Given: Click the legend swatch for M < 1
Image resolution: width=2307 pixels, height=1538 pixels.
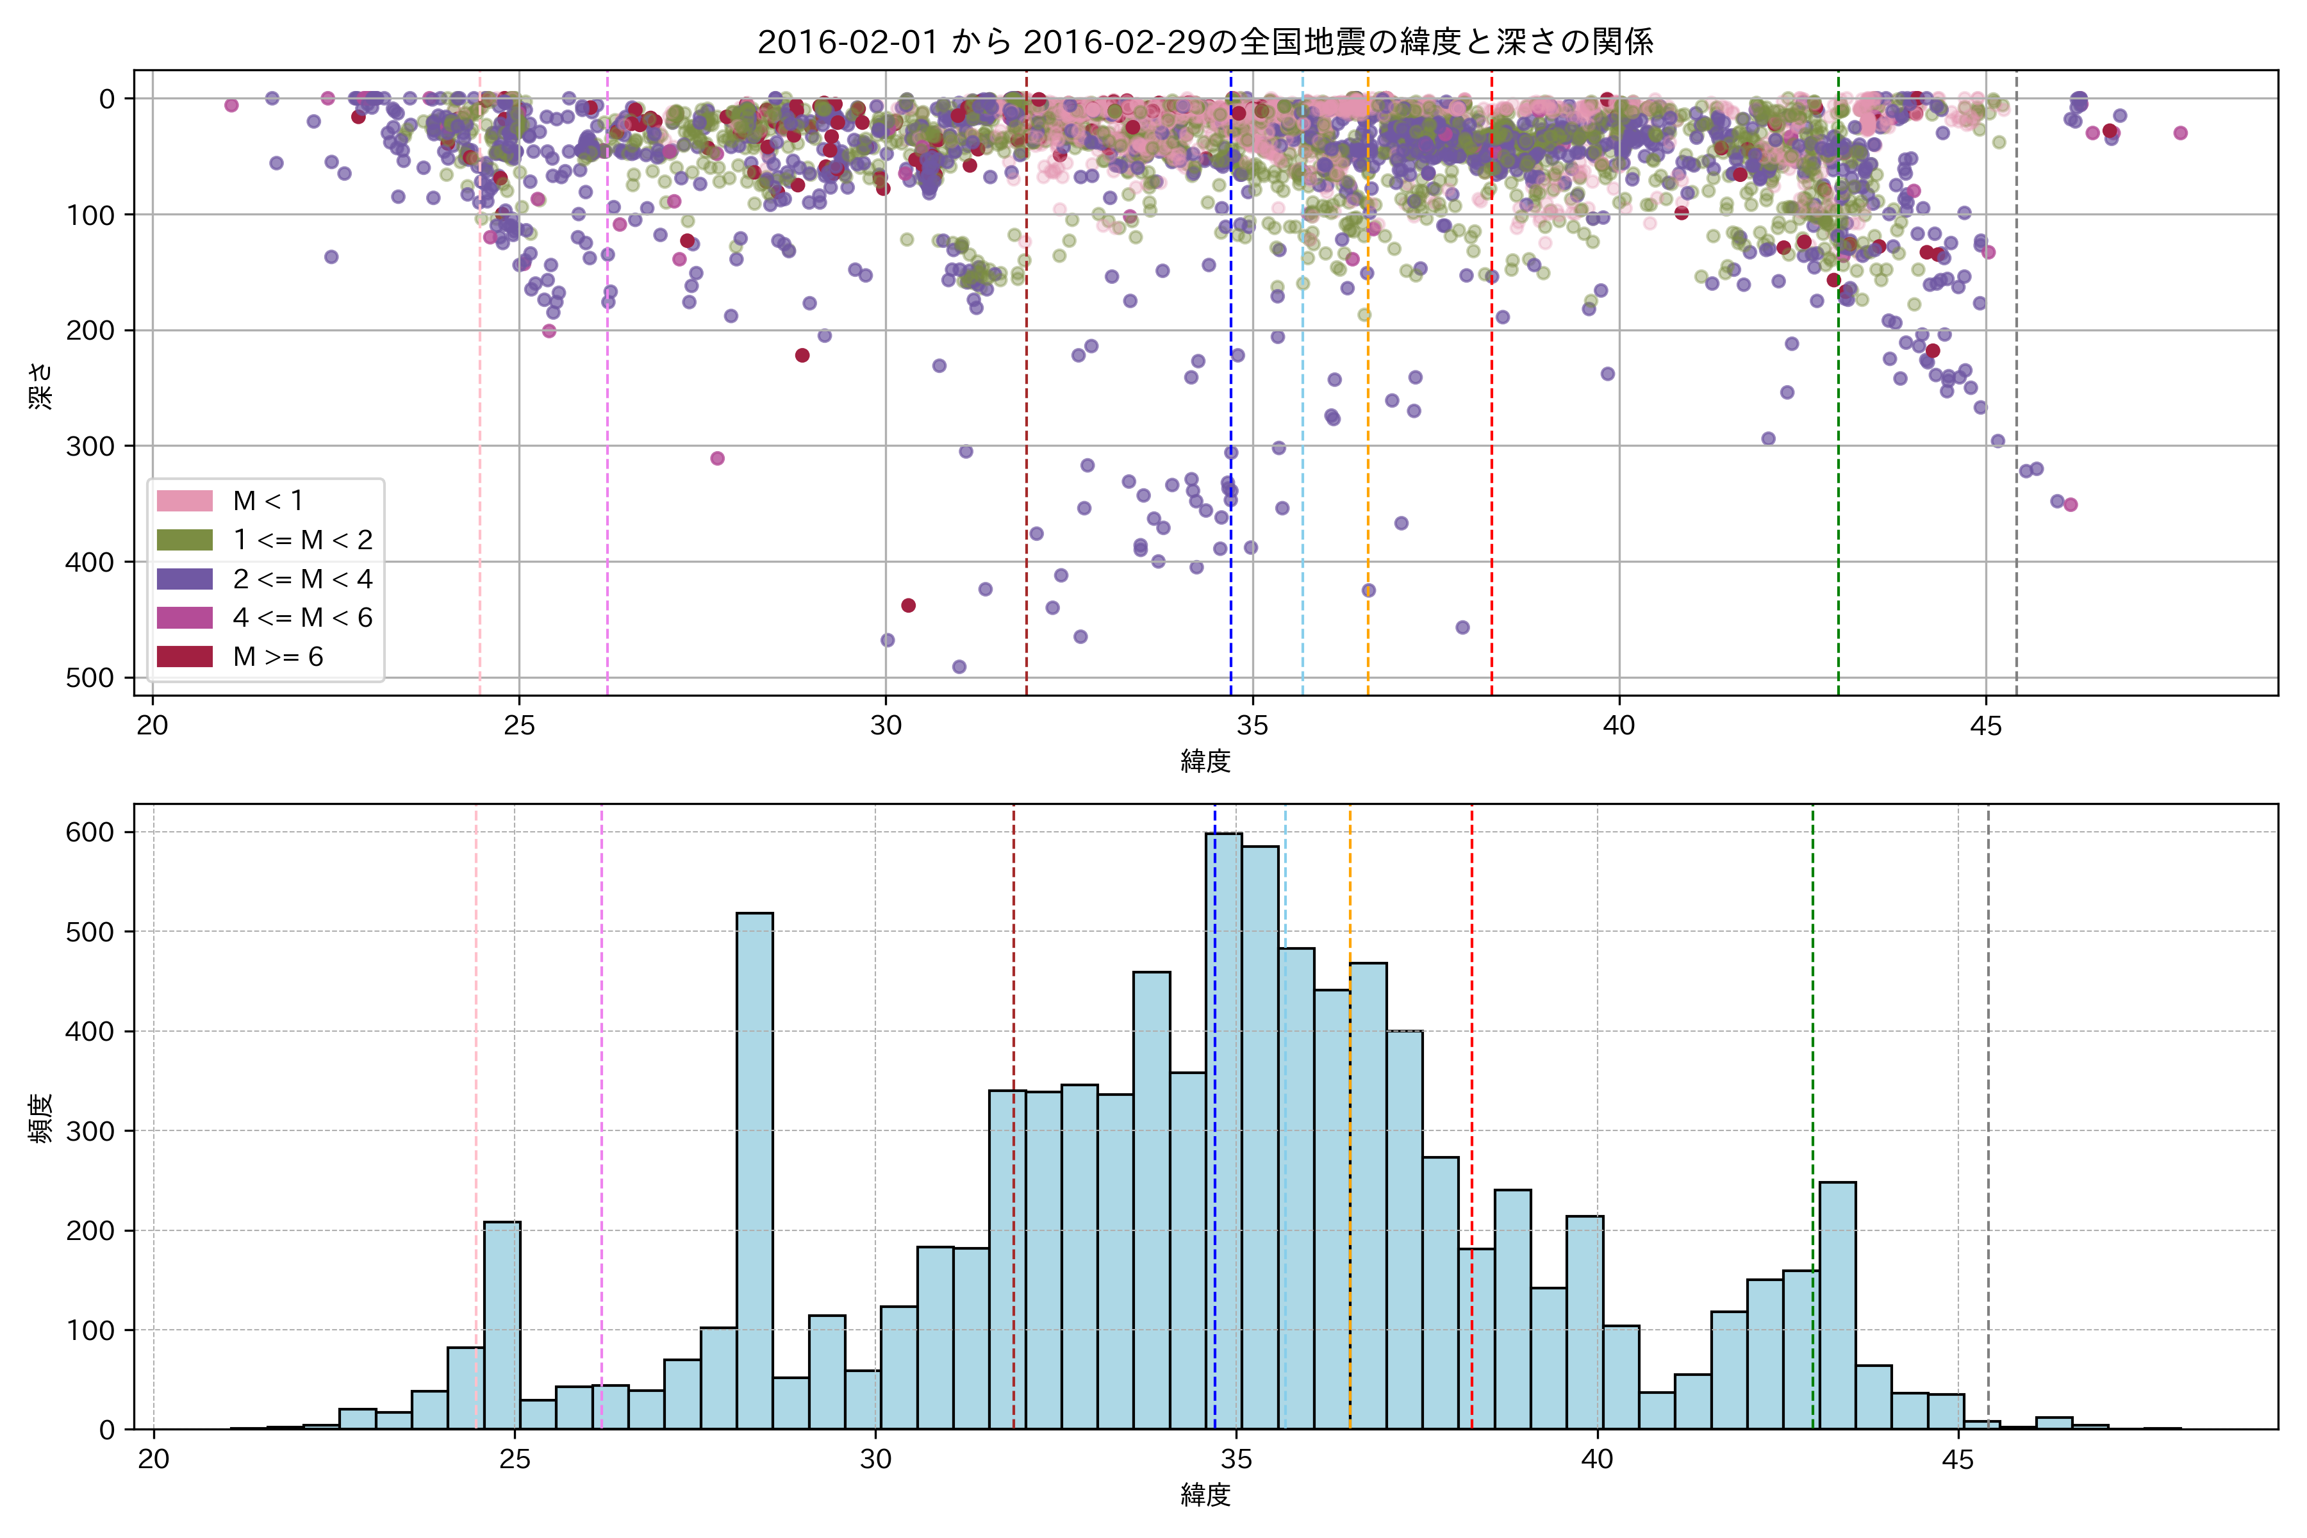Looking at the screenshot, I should [185, 500].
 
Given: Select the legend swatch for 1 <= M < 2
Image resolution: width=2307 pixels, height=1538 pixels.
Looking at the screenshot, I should [185, 540].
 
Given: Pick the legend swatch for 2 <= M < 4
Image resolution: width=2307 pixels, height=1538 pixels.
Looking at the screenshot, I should [185, 579].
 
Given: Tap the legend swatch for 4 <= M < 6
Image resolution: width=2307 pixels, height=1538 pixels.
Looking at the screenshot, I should [185, 617].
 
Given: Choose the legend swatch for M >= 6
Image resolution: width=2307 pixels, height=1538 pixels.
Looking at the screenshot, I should [185, 656].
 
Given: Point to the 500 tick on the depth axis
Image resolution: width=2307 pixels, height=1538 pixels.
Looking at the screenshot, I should [90, 678].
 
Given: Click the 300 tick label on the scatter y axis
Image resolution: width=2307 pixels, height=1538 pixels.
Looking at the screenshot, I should [90, 446].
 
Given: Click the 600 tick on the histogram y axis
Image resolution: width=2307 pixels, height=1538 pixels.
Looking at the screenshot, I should [90, 832].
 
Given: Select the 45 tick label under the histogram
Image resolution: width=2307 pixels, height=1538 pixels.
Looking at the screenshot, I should [1958, 1460].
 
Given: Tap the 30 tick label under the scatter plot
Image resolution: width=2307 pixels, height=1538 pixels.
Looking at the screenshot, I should [886, 726].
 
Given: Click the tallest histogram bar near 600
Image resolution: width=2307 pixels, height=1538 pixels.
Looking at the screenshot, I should [1224, 1128].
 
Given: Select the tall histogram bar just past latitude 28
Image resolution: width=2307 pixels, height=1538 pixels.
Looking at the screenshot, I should [754, 1167].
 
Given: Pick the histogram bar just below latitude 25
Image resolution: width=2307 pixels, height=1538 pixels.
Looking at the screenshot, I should [502, 1324].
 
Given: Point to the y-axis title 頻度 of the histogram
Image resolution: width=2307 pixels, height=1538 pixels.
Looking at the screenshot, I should [41, 1118].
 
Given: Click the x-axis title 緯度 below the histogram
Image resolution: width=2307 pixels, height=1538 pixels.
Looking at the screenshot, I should [1205, 1496].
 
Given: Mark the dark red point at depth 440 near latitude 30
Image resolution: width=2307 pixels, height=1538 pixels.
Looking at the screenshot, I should [908, 605].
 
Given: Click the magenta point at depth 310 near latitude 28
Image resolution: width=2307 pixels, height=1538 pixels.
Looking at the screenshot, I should [717, 458].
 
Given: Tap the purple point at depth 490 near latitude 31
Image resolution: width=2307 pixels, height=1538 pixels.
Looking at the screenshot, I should [959, 667].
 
